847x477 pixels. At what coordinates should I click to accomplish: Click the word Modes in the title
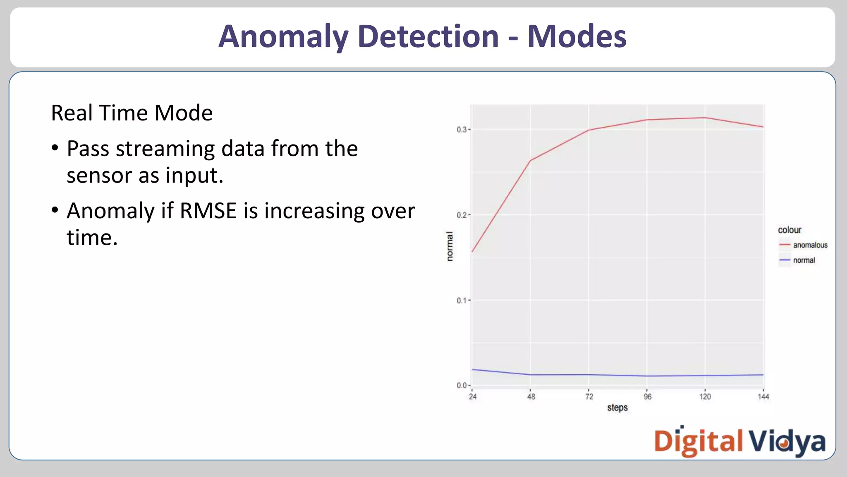click(577, 36)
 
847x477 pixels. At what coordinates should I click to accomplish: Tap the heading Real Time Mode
click(132, 113)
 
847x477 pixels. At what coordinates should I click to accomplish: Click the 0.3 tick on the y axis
click(462, 130)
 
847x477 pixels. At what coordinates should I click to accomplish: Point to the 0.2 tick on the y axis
click(462, 215)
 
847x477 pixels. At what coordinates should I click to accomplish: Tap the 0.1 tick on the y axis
click(462, 300)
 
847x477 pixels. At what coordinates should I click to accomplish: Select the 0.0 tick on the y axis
click(462, 385)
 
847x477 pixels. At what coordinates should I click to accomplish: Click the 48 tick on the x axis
click(531, 397)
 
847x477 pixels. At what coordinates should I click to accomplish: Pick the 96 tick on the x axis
click(648, 397)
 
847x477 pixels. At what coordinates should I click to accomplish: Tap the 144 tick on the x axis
click(763, 397)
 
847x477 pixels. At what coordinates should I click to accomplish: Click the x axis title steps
click(617, 408)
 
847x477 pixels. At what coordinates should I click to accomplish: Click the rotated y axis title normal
click(450, 246)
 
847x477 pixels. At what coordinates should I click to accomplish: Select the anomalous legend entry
click(810, 245)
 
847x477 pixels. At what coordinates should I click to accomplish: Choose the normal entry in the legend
click(804, 260)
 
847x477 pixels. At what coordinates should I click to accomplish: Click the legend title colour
click(790, 230)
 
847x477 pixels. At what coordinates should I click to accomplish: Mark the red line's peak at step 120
click(705, 118)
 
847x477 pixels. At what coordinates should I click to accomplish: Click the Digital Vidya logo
click(739, 441)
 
